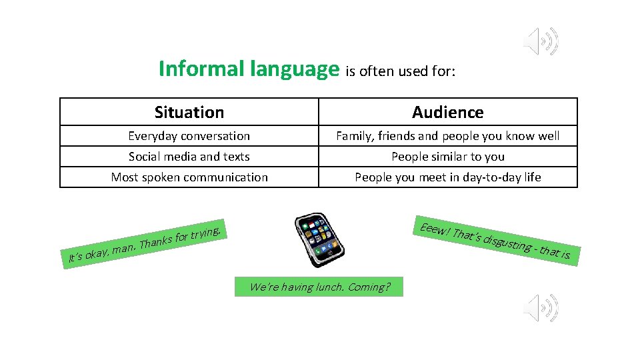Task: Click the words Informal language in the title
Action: click(x=249, y=69)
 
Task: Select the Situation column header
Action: click(x=189, y=112)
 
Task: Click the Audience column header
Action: click(x=447, y=112)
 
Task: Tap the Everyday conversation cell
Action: click(x=189, y=136)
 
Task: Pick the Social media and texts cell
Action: click(x=189, y=157)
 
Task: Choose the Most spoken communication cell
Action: click(x=189, y=177)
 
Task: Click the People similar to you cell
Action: click(x=447, y=157)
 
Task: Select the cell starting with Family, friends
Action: click(x=447, y=136)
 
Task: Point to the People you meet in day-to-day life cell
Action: click(x=447, y=177)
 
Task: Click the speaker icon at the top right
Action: click(x=541, y=42)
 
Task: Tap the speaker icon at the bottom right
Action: click(x=541, y=307)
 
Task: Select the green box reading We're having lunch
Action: click(x=319, y=287)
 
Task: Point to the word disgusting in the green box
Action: click(x=507, y=243)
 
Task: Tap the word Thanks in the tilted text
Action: click(x=155, y=242)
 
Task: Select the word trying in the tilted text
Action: click(x=205, y=233)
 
